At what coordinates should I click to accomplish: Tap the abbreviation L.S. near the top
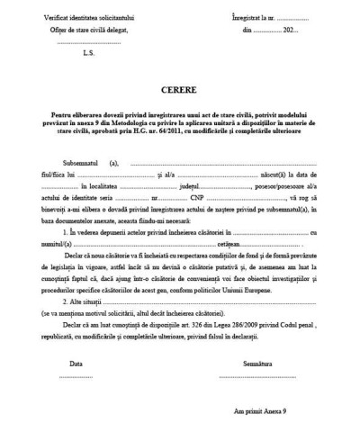coord(88,53)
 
